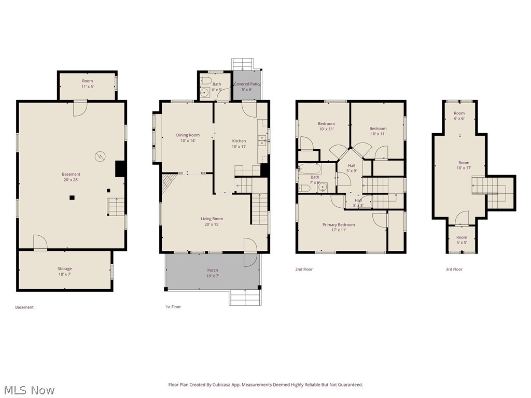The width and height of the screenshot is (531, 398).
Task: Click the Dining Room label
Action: (x=187, y=138)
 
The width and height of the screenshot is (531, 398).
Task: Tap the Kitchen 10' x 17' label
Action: (x=239, y=144)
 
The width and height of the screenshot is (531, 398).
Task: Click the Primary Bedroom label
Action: (x=338, y=227)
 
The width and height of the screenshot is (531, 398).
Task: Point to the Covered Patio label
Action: (x=246, y=87)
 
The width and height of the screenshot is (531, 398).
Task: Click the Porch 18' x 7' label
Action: (x=213, y=273)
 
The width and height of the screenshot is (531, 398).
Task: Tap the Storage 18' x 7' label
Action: (x=64, y=271)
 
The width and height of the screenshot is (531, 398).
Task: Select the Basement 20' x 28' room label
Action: (x=71, y=177)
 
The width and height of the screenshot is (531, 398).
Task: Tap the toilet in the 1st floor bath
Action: (x=205, y=81)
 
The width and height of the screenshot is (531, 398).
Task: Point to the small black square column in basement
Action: (x=72, y=197)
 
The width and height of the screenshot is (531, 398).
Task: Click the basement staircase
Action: (x=116, y=206)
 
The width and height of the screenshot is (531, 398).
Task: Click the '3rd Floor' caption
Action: (x=454, y=269)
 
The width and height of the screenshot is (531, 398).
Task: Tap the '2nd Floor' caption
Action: (x=304, y=269)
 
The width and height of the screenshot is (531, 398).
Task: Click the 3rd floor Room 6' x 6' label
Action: (x=459, y=116)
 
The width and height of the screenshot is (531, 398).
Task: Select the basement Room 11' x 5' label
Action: (x=87, y=84)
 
